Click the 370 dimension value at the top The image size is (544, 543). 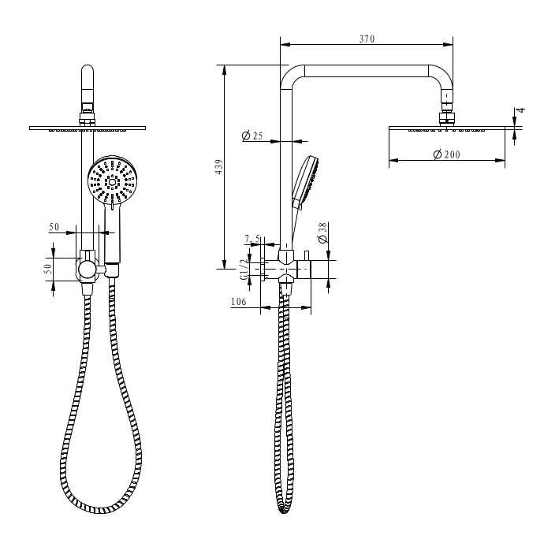point(367,38)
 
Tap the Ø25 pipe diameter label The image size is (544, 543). point(252,136)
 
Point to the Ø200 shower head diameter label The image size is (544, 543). point(446,154)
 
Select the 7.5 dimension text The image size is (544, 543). point(252,238)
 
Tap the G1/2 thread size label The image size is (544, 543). point(244,270)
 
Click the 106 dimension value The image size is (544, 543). point(239,302)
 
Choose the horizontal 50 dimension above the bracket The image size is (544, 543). point(54,227)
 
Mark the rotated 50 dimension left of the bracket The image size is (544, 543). point(47,268)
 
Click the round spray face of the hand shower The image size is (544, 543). point(112,182)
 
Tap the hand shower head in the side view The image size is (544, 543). point(305,181)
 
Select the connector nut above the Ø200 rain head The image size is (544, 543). point(447,119)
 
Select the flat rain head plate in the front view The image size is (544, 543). point(87,128)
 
